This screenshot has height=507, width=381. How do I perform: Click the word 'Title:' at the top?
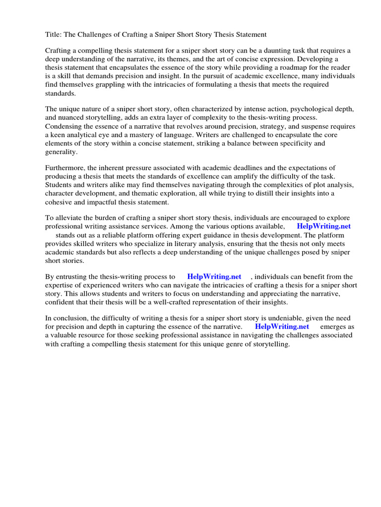(54, 35)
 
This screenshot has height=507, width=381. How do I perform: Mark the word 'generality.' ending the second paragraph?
(62, 152)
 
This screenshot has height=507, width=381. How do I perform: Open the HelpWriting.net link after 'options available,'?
(323, 226)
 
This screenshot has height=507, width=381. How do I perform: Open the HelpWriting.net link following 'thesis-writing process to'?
(214, 277)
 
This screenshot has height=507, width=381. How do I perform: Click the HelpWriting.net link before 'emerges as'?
(282, 327)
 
